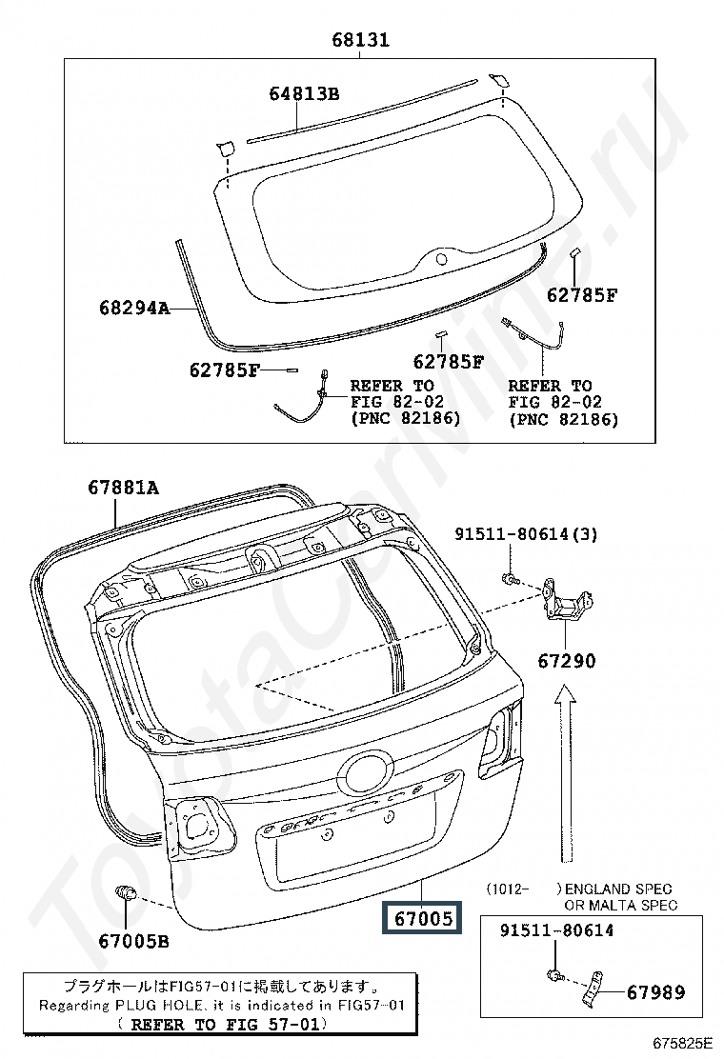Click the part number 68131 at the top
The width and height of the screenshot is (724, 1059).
pos(361,40)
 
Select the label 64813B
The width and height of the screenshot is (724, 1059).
pos(304,93)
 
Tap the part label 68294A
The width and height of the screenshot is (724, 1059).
pos(134,308)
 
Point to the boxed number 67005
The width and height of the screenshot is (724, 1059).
pos(422,918)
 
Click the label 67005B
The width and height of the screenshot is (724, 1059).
pos(133,941)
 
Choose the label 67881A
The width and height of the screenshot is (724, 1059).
pos(123,487)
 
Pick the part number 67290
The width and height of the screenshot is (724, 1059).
pos(567,661)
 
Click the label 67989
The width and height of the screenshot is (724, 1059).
pos(655,992)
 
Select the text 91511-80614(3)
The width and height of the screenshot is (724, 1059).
pos(526,534)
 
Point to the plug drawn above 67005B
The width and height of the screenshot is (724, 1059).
pos(127,893)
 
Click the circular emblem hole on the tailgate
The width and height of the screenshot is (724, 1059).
pos(365,772)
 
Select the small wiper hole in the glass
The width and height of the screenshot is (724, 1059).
pos(441,259)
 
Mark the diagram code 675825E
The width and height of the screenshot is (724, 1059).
pos(682,1044)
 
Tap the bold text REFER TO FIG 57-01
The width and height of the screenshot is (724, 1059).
pos(224,1025)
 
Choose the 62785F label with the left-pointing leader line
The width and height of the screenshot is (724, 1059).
pos(224,370)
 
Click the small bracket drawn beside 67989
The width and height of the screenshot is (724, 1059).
pos(593,990)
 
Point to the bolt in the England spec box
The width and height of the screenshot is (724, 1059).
pos(553,974)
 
